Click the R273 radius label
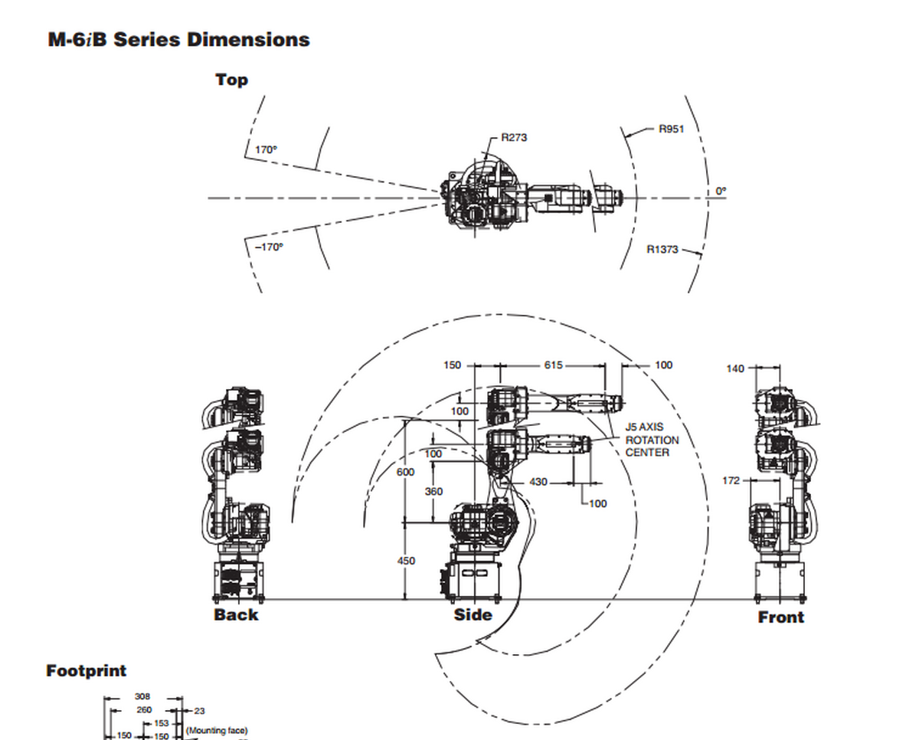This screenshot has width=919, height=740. (514, 138)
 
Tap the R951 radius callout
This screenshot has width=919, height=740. (671, 129)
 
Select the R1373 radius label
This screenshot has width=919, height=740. (662, 250)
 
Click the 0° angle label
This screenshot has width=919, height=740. (721, 190)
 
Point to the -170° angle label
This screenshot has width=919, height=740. (269, 247)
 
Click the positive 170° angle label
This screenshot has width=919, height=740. (266, 150)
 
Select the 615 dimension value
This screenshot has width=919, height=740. (553, 365)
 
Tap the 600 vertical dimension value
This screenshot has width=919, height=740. (405, 472)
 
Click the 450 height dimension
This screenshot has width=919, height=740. (406, 561)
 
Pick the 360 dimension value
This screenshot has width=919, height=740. (433, 491)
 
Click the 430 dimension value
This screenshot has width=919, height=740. (538, 482)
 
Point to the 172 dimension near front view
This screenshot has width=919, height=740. (731, 480)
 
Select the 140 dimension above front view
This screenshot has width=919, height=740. (734, 368)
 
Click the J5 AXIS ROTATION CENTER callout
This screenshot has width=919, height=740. (652, 440)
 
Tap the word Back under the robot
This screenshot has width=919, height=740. (236, 614)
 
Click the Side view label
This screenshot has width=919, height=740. (473, 614)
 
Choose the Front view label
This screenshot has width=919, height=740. (780, 617)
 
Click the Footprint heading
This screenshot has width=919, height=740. (87, 670)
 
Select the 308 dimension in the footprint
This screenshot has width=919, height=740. (142, 696)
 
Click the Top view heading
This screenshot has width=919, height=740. (231, 80)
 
